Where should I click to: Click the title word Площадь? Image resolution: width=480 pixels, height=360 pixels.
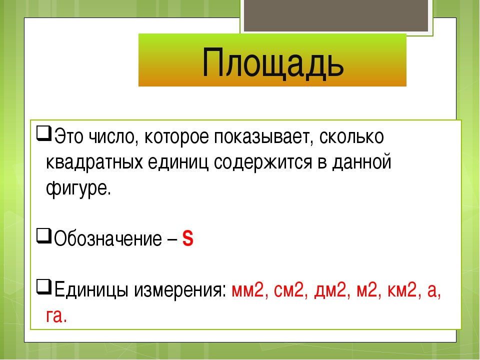coord(273,63)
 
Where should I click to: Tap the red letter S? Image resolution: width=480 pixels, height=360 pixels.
coord(187,238)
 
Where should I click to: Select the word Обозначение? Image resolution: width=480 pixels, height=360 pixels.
coord(108,238)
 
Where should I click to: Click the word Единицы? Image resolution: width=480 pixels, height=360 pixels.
coord(91,290)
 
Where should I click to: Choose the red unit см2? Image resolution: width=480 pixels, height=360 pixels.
coord(289,290)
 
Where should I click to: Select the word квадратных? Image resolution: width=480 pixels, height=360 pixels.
coord(94,162)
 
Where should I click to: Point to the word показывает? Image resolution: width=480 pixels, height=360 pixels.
coord(263,136)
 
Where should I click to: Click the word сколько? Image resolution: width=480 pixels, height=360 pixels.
coord(351,136)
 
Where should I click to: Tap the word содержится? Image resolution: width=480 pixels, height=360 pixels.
coord(263,162)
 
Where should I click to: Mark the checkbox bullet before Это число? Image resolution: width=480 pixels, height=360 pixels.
coord(44,133)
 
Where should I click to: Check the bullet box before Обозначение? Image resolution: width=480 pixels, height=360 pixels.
coord(44,235)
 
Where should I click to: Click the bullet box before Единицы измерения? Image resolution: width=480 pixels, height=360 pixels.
coord(44,286)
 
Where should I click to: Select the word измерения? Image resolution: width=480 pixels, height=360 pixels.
coord(179,290)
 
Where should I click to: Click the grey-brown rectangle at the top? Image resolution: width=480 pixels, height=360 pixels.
coord(336,15)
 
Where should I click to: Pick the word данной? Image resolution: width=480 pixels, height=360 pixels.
coord(362,162)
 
